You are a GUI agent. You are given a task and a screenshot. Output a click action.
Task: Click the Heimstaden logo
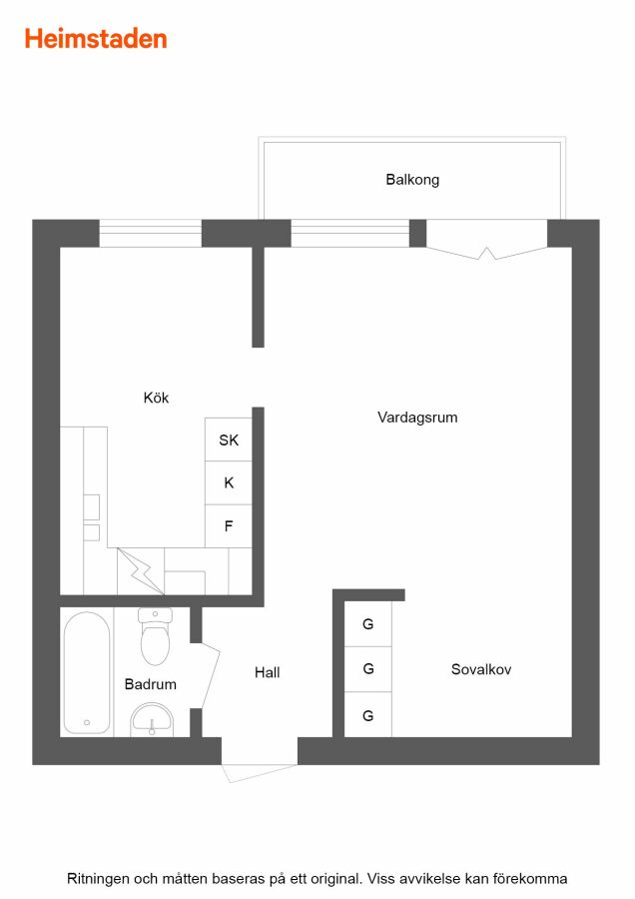tap(96, 39)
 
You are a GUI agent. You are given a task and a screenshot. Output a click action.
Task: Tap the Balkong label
tap(412, 180)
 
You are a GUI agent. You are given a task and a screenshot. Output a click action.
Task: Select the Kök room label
tap(156, 398)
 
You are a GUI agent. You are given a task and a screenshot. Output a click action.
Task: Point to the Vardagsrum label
tap(417, 417)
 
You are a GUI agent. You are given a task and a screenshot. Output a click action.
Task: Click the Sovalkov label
tap(481, 669)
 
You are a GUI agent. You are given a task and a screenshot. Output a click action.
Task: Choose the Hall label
tap(267, 672)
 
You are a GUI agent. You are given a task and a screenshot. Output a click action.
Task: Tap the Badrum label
tap(150, 684)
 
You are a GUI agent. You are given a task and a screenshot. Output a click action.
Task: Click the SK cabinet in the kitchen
tap(228, 440)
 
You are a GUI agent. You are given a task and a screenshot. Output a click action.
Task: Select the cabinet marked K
tap(228, 482)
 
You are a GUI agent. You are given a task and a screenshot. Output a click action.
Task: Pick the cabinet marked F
tap(228, 526)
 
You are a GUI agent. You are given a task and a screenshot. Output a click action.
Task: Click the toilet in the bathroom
tap(155, 636)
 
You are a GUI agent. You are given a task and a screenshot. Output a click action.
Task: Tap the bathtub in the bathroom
tap(87, 672)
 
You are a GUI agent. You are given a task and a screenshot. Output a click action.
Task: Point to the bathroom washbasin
tap(152, 720)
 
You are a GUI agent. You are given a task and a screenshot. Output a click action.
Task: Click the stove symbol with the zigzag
tap(141, 571)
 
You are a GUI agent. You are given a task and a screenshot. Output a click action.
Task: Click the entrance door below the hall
tap(260, 772)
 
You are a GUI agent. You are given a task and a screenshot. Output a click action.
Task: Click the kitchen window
tap(150, 234)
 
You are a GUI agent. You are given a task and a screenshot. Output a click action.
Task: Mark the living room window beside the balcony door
tap(349, 234)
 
